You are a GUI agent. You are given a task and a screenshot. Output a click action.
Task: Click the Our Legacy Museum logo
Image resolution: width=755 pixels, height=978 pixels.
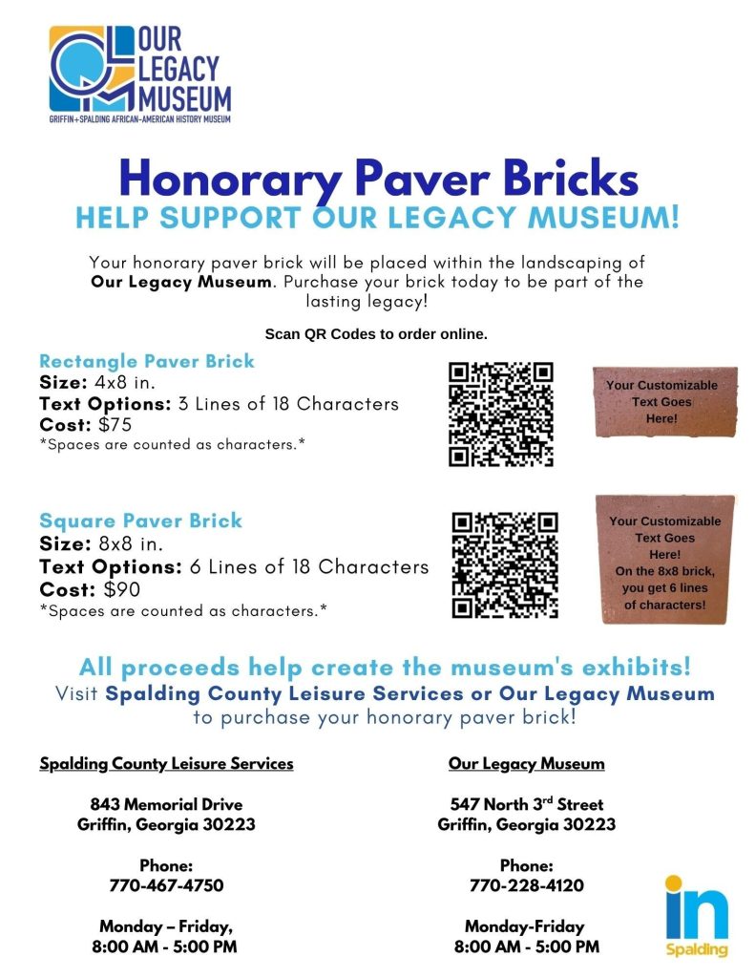click(140, 74)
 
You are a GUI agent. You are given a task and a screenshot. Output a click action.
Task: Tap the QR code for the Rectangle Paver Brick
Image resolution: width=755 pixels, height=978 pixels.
click(500, 415)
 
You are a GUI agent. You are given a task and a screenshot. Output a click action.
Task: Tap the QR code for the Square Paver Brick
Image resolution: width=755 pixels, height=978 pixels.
click(504, 564)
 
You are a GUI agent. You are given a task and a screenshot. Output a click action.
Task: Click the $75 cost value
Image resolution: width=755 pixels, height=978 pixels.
click(115, 425)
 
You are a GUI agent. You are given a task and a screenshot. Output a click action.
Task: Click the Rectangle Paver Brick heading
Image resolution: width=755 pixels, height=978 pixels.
click(147, 362)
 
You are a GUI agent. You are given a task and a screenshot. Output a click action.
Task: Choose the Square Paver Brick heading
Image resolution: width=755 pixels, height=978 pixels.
click(140, 521)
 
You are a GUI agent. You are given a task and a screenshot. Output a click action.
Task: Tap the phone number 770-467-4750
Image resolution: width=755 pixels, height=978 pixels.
click(166, 885)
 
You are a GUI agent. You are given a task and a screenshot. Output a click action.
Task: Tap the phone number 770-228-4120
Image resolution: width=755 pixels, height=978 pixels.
click(526, 885)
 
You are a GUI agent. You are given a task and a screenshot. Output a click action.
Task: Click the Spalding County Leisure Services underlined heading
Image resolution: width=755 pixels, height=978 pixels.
click(166, 763)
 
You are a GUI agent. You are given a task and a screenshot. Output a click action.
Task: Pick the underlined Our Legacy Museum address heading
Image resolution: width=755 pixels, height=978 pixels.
click(526, 763)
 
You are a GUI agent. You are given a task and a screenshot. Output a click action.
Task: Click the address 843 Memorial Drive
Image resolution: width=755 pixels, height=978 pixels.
click(166, 804)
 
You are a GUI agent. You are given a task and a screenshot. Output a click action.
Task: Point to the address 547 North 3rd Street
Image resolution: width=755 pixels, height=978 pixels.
click(526, 804)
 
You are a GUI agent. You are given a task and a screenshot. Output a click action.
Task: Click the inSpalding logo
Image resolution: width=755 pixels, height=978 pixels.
click(697, 914)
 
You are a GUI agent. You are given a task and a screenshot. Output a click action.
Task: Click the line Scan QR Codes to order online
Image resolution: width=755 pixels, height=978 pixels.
click(376, 334)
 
